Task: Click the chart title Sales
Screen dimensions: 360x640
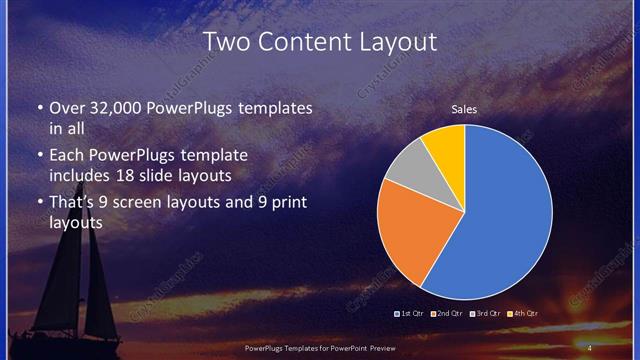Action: [x=464, y=109]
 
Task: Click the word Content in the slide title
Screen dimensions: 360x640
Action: [x=315, y=42]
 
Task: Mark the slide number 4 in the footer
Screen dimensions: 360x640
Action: [x=590, y=347]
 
